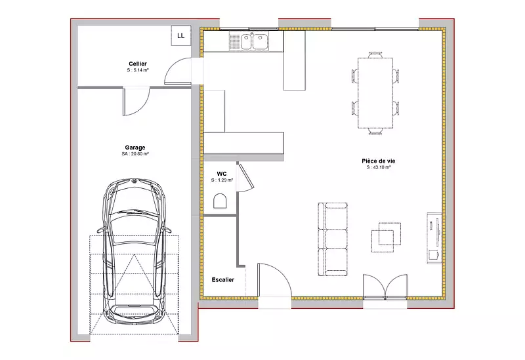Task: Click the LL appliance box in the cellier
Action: click(181, 35)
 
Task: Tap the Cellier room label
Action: click(138, 64)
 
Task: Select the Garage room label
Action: click(135, 147)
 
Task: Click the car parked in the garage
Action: click(134, 252)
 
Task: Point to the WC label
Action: click(222, 174)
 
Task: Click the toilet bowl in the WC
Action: click(220, 201)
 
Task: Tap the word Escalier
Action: click(223, 280)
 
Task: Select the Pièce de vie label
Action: click(379, 161)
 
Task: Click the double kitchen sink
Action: click(249, 41)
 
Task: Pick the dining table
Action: click(375, 93)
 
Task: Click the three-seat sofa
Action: click(333, 239)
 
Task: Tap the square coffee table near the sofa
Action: click(386, 237)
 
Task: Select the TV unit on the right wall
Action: click(434, 238)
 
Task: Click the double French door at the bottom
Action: click(385, 287)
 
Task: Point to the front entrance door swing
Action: click(274, 280)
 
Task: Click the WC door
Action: click(245, 177)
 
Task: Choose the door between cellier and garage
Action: click(136, 102)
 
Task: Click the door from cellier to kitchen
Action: click(178, 71)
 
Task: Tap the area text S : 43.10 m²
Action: click(379, 167)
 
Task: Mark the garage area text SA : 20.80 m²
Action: click(135, 154)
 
